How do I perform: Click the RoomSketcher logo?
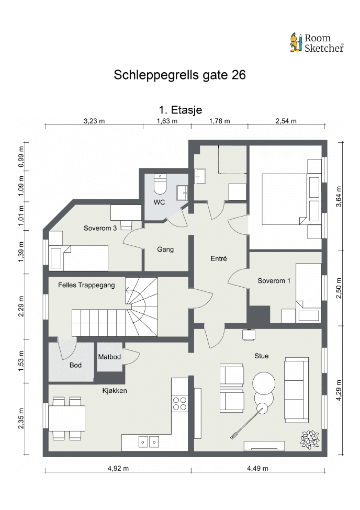pos(317,43)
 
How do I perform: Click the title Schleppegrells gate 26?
pos(179,75)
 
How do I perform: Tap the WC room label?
pos(159,202)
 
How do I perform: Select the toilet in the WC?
pos(160,184)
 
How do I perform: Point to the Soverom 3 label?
pos(100,228)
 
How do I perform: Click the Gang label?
pos(165,250)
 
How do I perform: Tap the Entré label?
pos(219,258)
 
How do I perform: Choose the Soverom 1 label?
pos(274,281)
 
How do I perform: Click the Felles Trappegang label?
pos(86,285)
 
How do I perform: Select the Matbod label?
pos(109,357)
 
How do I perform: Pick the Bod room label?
pos(75,365)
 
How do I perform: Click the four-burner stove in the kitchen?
pos(179,403)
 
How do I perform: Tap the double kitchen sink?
pos(149,441)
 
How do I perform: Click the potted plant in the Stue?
pos(310,440)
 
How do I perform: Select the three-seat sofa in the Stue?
pos(297,390)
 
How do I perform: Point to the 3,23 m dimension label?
pos(94,121)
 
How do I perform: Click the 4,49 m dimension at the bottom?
pos(257,468)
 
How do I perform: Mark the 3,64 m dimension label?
pos(339,197)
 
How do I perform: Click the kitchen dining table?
pos(67,418)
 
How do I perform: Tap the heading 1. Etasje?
pos(181,110)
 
